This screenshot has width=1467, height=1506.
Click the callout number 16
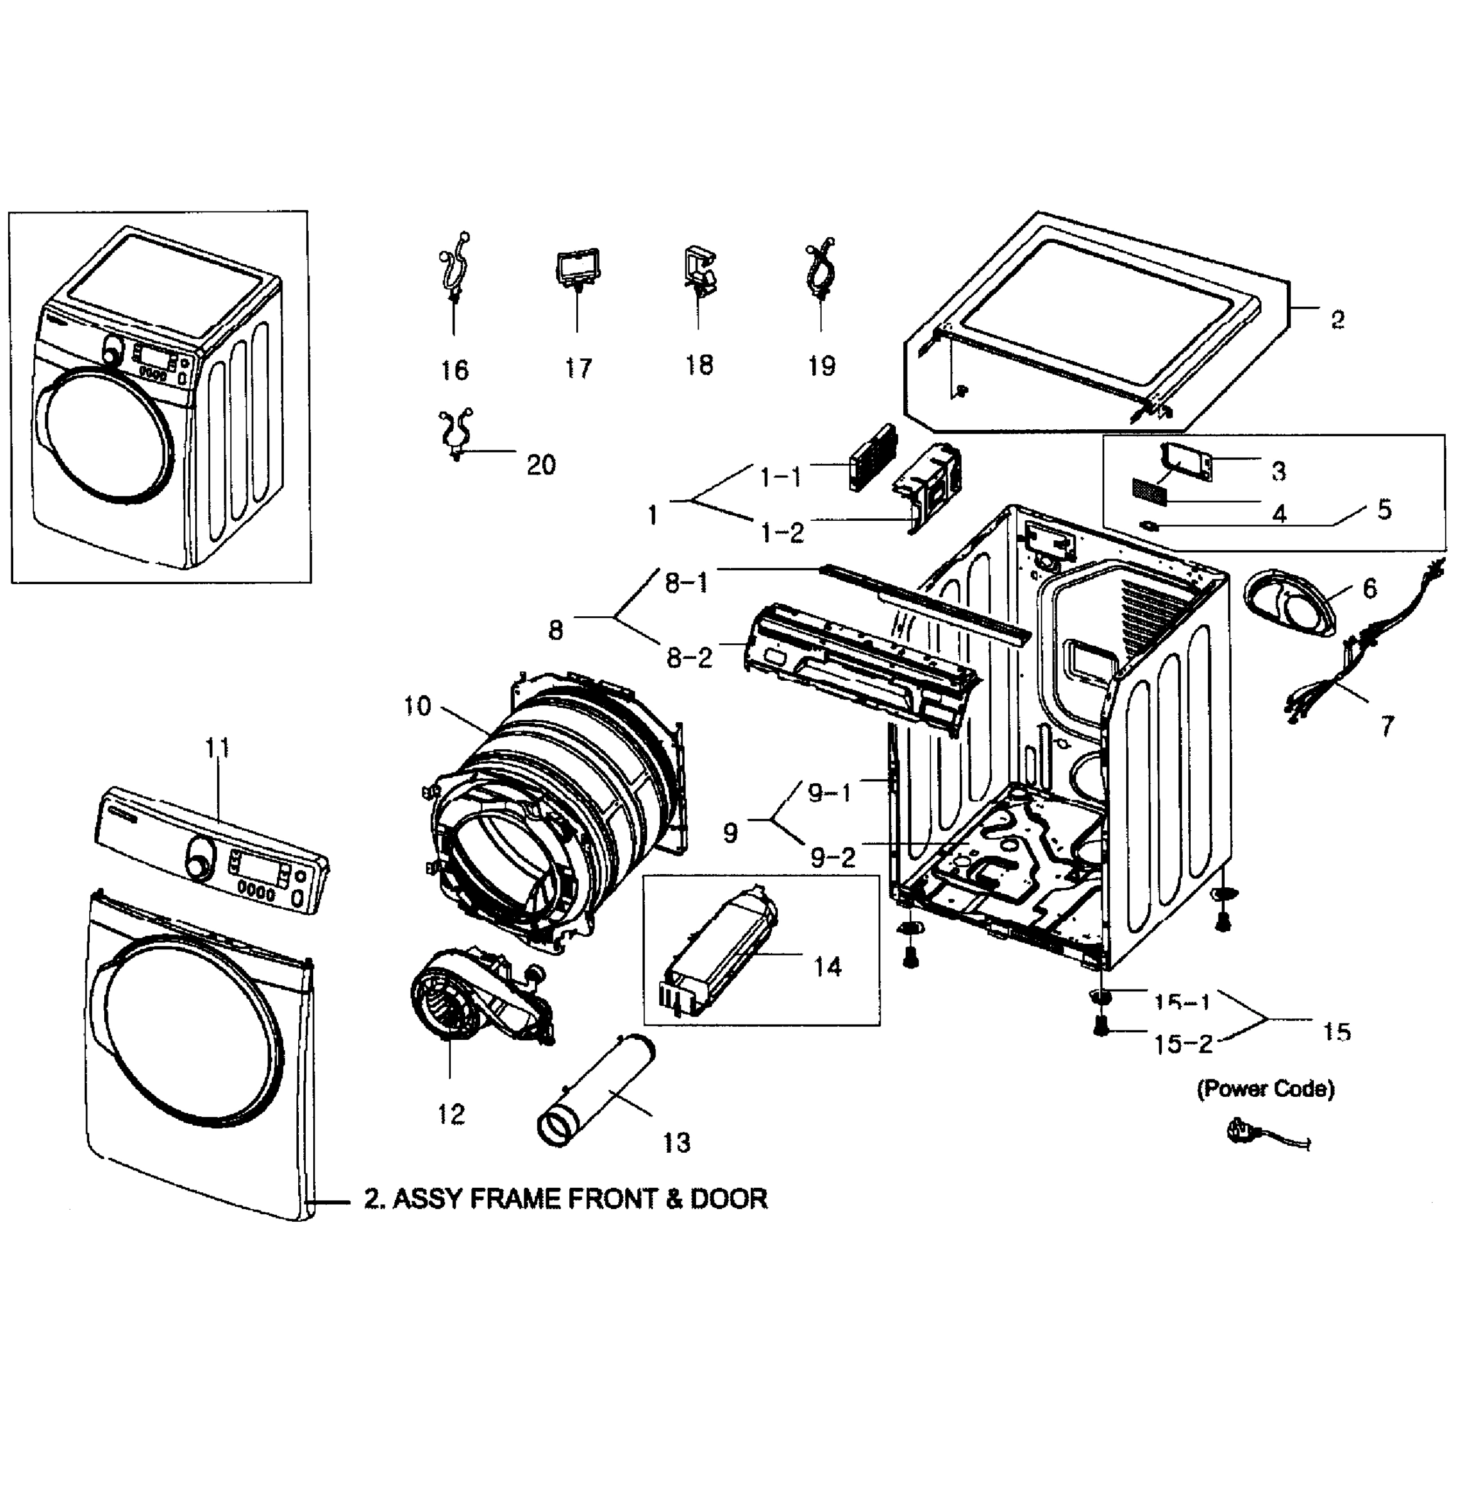click(x=454, y=370)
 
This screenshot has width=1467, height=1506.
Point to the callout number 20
click(x=541, y=464)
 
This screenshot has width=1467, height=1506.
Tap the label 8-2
click(x=689, y=658)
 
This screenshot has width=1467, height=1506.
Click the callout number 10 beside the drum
click(x=417, y=706)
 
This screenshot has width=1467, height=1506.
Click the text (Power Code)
click(x=1265, y=1089)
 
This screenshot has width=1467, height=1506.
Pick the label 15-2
click(x=1183, y=1045)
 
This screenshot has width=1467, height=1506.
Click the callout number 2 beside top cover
click(x=1338, y=318)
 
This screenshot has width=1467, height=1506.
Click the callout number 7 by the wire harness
click(x=1387, y=725)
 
